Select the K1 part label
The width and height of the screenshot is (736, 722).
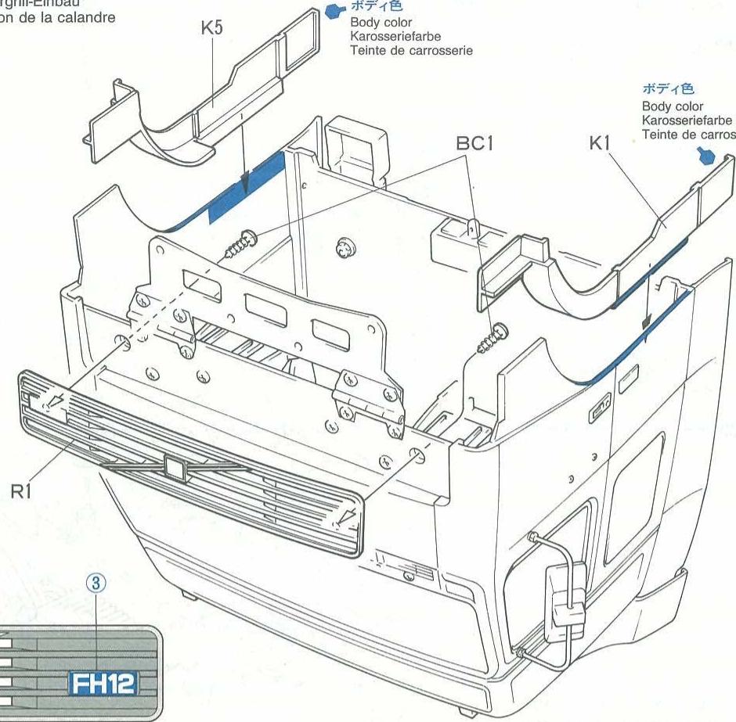[601, 143]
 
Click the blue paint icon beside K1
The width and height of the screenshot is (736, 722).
[707, 156]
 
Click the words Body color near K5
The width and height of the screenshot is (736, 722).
[381, 23]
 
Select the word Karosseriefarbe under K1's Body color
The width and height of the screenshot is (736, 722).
[687, 120]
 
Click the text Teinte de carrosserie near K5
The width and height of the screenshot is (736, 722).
[411, 50]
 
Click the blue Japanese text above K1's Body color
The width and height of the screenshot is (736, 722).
[668, 89]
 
